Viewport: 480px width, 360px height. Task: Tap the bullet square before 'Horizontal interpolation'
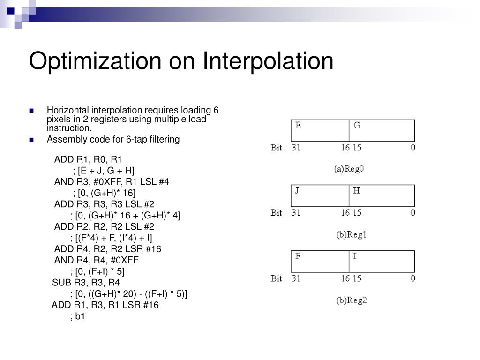pyautogui.click(x=31, y=111)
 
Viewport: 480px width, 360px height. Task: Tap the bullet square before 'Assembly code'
pyautogui.click(x=31, y=140)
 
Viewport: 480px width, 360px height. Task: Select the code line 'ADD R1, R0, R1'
pyautogui.click(x=88, y=159)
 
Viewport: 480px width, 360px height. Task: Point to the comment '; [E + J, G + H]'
pyautogui.click(x=104, y=170)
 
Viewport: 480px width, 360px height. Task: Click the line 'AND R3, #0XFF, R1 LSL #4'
pyautogui.click(x=112, y=181)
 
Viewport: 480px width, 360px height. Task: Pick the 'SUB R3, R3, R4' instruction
pyautogui.click(x=86, y=283)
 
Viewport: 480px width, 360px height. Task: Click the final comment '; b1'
pyautogui.click(x=78, y=316)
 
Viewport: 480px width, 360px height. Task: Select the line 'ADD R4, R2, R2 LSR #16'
pyautogui.click(x=108, y=249)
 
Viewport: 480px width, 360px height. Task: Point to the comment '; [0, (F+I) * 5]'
pyautogui.click(x=97, y=271)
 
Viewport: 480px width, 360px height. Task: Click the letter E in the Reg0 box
pyautogui.click(x=298, y=125)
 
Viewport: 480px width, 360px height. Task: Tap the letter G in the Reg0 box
pyautogui.click(x=357, y=125)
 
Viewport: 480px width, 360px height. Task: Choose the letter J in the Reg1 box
pyautogui.click(x=297, y=190)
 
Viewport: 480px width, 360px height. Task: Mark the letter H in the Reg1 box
pyautogui.click(x=357, y=190)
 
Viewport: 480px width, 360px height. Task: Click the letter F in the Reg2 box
pyautogui.click(x=298, y=256)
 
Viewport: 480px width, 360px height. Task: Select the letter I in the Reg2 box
pyautogui.click(x=355, y=256)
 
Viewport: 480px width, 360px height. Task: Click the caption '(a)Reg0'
pyautogui.click(x=349, y=169)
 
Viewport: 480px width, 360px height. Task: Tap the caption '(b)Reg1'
pyautogui.click(x=351, y=235)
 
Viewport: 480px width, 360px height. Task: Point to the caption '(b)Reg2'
pyautogui.click(x=351, y=300)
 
